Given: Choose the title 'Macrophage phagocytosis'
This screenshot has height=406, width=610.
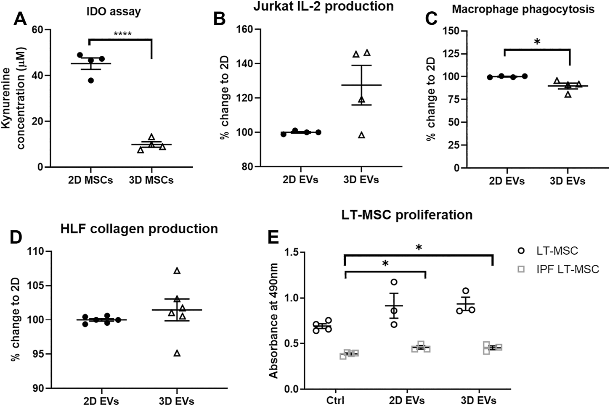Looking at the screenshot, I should pos(523,9).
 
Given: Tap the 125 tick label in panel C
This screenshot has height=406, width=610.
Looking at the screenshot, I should pos(451,53).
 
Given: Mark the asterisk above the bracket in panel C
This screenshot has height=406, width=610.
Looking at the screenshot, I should pos(537,42).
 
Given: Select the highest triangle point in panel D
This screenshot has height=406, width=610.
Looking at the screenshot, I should pos(177,271).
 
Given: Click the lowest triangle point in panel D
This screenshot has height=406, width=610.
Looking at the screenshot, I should pos(177,353).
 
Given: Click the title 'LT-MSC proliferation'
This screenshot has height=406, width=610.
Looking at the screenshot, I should pos(407,215).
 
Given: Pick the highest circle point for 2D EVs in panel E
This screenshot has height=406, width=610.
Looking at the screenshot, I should pos(394,282).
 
